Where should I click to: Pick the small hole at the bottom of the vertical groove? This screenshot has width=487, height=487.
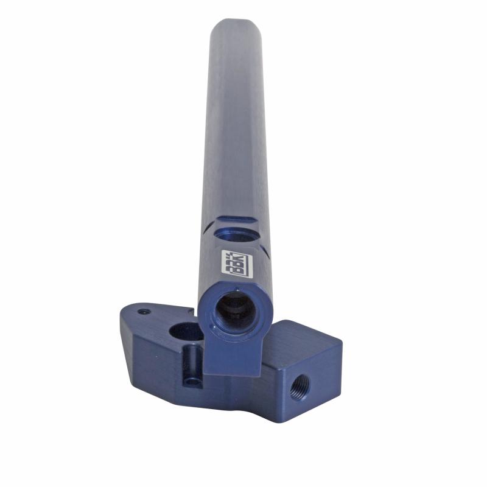192,382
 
